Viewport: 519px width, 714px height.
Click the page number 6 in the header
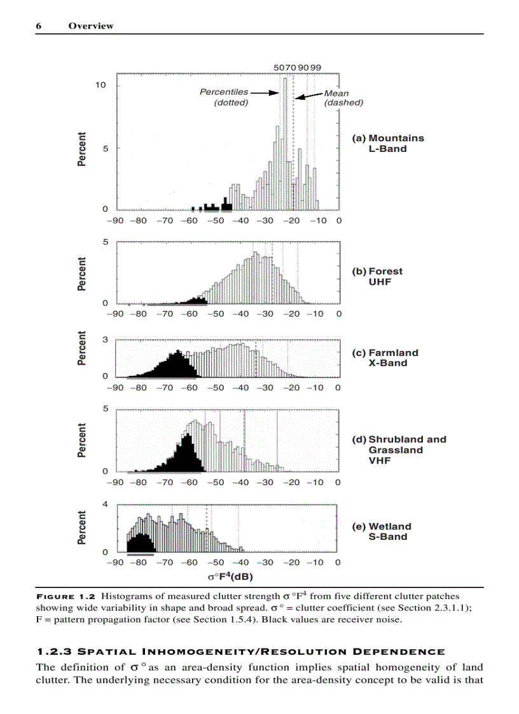38,26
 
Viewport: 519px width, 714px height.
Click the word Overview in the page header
91,26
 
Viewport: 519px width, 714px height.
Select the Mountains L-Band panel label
387,143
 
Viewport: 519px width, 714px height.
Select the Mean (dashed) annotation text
343,98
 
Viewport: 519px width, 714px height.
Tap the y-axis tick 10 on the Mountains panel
100,85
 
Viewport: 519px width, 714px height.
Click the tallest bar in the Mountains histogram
286,143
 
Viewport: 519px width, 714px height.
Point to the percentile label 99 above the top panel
316,67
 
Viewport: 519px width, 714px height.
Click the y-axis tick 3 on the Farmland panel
104,340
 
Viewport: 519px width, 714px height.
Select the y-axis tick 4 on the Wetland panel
104,504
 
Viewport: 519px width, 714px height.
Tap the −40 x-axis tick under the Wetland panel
240,562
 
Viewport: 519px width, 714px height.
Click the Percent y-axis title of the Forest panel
82,274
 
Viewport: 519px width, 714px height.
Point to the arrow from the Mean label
308,96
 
